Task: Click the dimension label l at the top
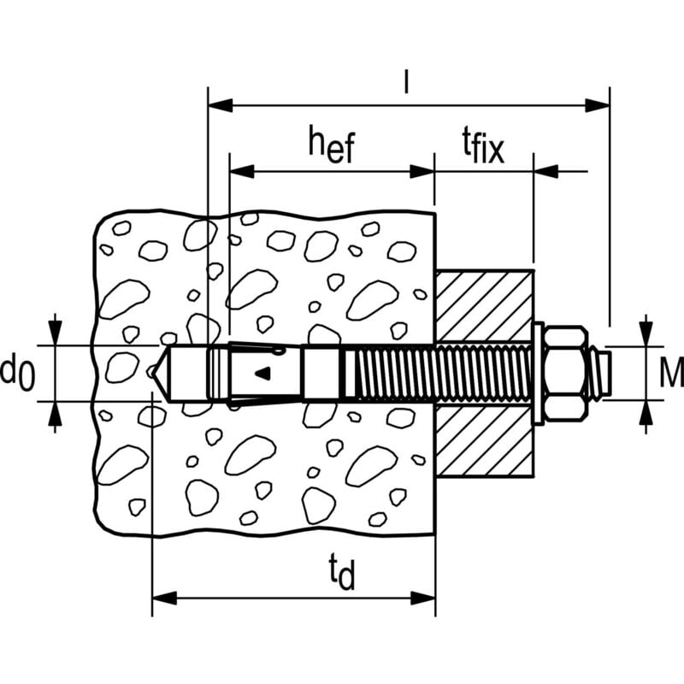coord(408,82)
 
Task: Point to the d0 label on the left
coord(17,373)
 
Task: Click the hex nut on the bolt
coord(567,373)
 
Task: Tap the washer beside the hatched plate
coord(538,373)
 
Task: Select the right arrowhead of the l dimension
coord(598,105)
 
